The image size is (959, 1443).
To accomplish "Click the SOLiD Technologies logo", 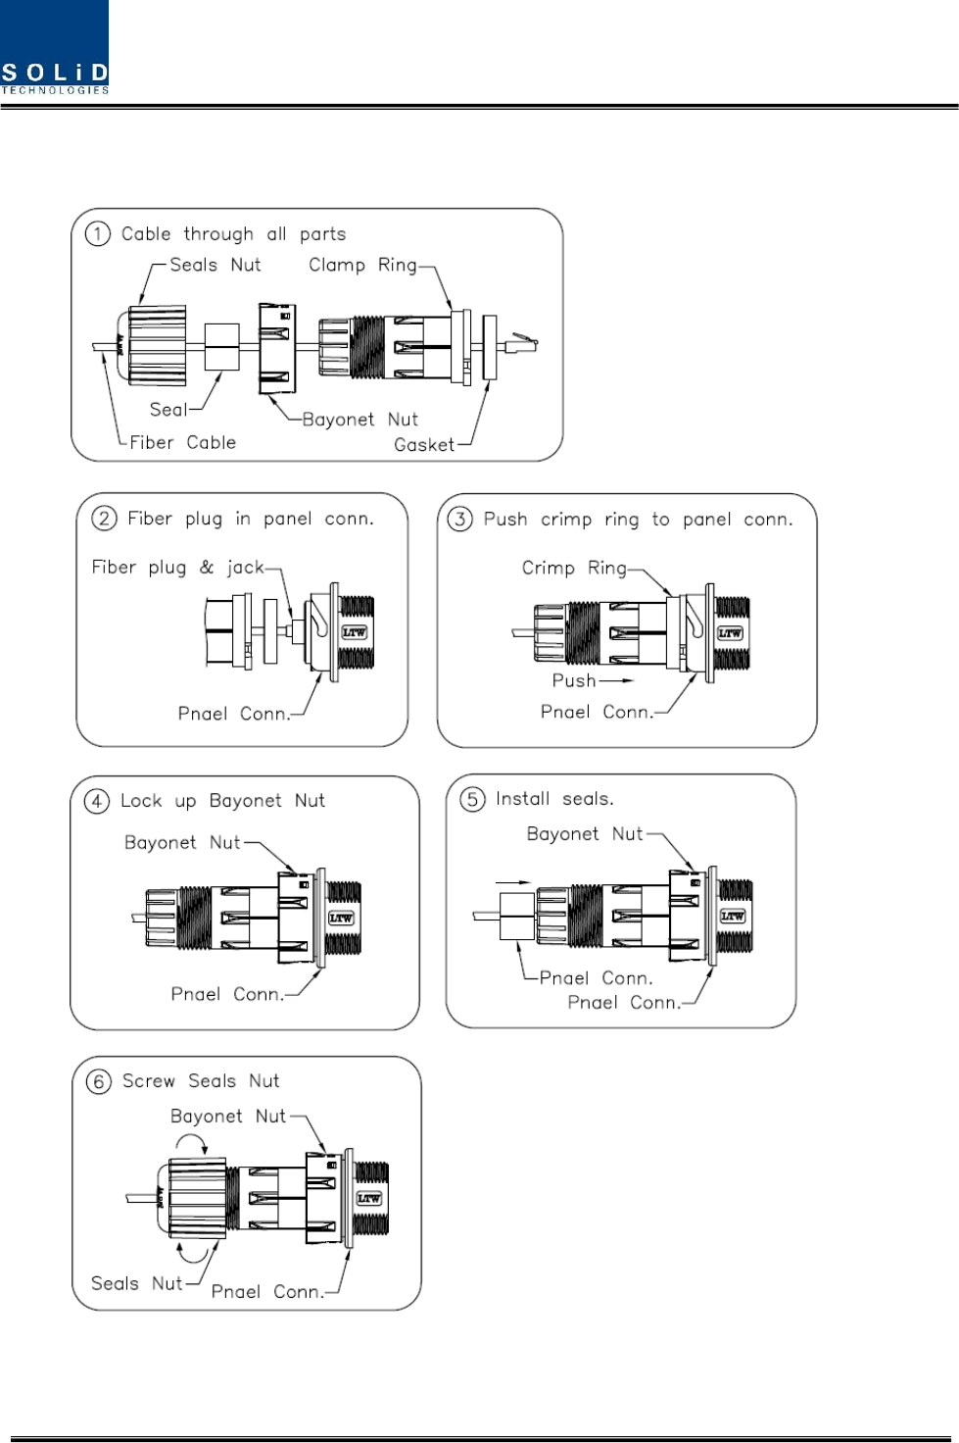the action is point(54,47).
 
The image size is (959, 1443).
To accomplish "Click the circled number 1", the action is point(98,234).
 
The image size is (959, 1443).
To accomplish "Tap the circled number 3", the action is point(460,520).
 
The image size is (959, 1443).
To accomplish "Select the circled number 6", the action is point(99,1081).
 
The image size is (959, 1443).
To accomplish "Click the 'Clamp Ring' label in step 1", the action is point(363,265).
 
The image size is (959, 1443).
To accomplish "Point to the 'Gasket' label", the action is point(424,444).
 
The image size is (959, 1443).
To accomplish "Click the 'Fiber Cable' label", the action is point(183,442).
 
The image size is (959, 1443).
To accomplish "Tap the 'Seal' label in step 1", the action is point(168,409).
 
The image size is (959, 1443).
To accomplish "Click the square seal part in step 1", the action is point(222,347).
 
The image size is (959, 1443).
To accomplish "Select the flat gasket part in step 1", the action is point(490,347).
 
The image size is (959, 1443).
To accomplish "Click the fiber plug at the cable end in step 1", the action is point(521,345).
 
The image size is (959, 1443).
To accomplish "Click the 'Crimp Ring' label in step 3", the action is point(574,568).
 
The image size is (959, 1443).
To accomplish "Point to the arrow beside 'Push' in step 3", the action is point(616,680).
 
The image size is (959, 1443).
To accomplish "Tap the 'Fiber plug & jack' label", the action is point(177,567).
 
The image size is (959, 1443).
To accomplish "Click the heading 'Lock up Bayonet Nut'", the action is point(222,801).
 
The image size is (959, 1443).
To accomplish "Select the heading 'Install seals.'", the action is point(554,799).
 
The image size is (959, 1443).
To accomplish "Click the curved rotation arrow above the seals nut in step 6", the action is point(192,1141).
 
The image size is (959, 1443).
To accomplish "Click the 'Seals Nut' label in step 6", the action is point(136,1283).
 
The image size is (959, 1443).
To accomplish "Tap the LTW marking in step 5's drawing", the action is point(732,916).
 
